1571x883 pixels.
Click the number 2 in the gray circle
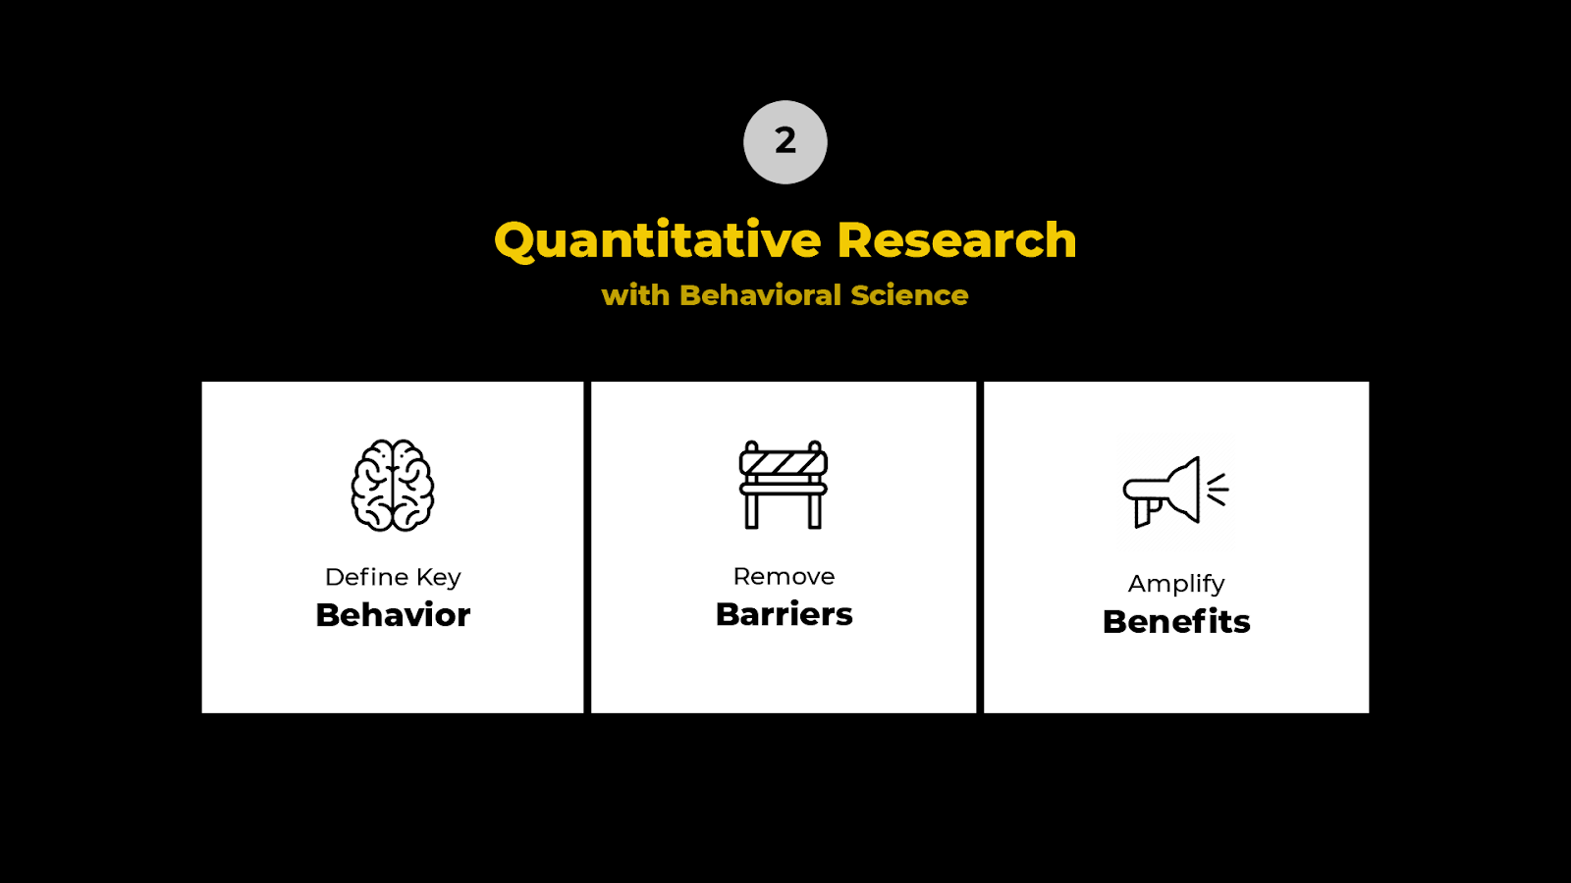785,141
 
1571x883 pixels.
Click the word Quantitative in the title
658,241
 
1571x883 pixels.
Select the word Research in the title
956,241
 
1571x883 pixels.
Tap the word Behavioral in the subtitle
760,295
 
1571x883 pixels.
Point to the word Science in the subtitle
909,295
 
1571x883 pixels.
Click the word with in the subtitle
635,295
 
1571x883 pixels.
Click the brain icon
393,486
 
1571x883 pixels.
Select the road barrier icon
784,485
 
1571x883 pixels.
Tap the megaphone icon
1168,491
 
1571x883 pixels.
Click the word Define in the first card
366,577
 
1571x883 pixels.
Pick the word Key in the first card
438,578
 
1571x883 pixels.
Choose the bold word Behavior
393,615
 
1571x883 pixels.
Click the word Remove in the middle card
784,577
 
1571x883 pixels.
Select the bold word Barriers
784,614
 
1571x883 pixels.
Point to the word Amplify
1176,584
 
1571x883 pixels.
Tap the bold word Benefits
1176,622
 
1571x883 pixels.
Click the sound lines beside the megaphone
1218,489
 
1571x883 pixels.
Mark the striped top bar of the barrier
784,461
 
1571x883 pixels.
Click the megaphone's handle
1144,511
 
